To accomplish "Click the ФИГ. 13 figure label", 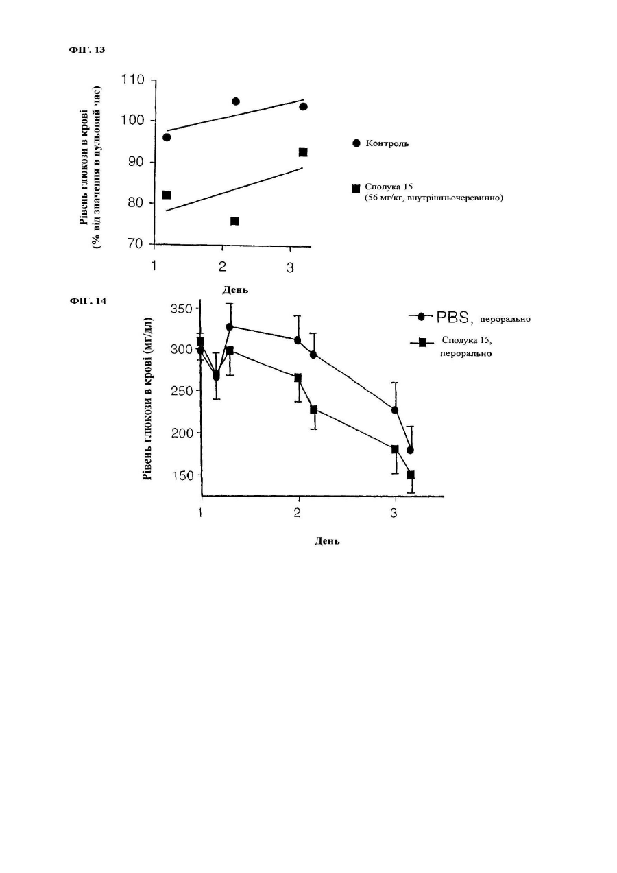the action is [87, 50].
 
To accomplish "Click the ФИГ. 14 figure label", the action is [87, 301].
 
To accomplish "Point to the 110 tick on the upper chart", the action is [134, 80].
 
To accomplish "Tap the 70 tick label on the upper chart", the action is [136, 243].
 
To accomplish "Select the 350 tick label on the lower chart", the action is [182, 309].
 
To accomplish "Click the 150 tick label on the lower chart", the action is [182, 475].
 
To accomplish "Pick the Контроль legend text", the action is [387, 143].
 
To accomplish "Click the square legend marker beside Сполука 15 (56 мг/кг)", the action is [356, 189].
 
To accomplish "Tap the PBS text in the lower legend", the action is [452, 318].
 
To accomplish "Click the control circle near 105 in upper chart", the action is [236, 101].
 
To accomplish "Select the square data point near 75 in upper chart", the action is [234, 222].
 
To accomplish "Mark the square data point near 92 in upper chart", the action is [303, 152].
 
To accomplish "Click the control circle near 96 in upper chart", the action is [167, 137].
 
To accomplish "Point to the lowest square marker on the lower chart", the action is [411, 475].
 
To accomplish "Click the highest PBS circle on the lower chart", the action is [230, 326].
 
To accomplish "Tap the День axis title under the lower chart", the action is [327, 541].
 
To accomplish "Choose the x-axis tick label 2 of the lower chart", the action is [298, 512].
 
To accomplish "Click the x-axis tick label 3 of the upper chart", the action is [290, 267].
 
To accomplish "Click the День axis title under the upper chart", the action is [235, 289].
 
